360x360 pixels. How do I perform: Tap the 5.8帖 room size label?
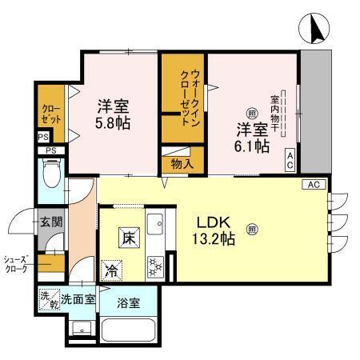[x=114, y=115]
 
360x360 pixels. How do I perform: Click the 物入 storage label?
[x=182, y=162]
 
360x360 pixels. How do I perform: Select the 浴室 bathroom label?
[x=127, y=302]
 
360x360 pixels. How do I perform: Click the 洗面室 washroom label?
[x=80, y=299]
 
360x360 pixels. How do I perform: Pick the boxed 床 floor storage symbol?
[x=128, y=237]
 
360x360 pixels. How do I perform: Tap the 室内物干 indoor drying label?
[x=274, y=112]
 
